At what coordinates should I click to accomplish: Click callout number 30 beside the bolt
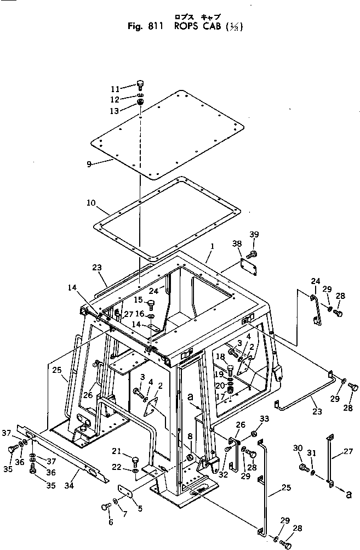coord(299,448)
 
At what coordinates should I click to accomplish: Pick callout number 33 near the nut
coord(264,419)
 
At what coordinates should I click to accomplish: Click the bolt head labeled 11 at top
coord(140,85)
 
